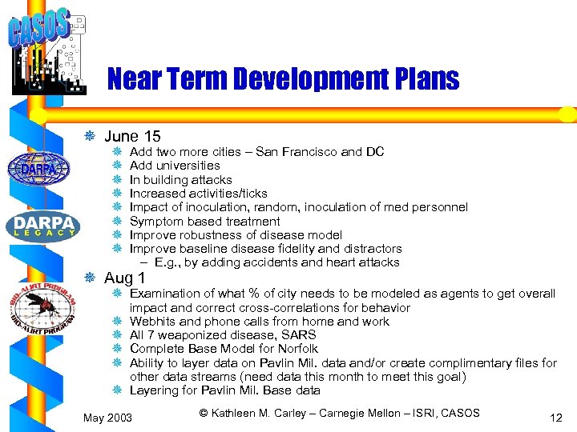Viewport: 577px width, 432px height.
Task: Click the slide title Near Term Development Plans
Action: pyautogui.click(x=283, y=79)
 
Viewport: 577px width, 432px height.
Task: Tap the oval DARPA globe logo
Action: pyautogui.click(x=38, y=168)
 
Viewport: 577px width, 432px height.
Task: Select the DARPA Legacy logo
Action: pyautogui.click(x=43, y=225)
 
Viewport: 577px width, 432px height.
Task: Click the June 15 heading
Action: pyautogui.click(x=132, y=137)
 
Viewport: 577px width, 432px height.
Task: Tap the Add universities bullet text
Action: pyautogui.click(x=175, y=166)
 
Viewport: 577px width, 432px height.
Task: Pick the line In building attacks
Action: pyautogui.click(x=180, y=180)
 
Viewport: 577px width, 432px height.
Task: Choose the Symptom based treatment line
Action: pyautogui.click(x=204, y=222)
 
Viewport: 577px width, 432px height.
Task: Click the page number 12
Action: pyautogui.click(x=556, y=417)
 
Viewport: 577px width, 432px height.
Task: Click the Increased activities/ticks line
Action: pyautogui.click(x=198, y=194)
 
